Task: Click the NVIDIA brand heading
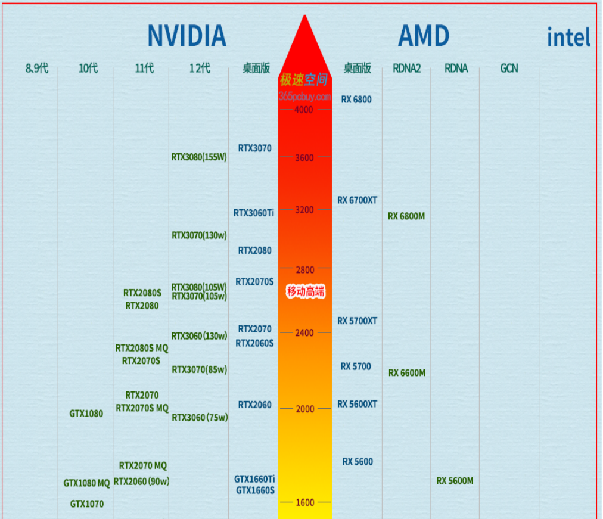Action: point(187,36)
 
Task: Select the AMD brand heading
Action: point(423,36)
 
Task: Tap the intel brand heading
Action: point(568,38)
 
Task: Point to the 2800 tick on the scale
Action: point(304,270)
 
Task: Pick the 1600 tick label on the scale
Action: point(304,502)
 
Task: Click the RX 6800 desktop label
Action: point(356,100)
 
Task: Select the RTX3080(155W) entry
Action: point(199,157)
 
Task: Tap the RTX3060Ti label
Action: point(254,213)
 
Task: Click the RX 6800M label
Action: point(406,216)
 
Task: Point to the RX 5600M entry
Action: point(455,481)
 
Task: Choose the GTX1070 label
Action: point(87,504)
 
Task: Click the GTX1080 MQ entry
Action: point(87,483)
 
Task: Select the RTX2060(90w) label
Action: point(142,481)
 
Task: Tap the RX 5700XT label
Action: point(357,321)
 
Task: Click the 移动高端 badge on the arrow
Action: point(306,291)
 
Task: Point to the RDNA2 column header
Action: point(406,69)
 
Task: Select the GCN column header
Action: point(509,69)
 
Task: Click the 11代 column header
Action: point(144,69)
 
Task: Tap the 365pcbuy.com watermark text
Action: point(304,96)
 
